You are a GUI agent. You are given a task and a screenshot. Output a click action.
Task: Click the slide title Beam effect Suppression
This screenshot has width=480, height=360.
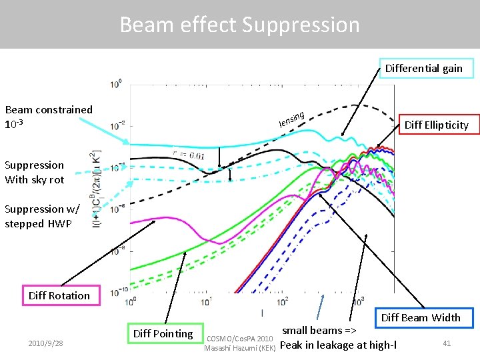(239, 25)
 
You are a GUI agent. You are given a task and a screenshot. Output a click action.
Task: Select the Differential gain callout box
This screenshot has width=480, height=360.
(423, 68)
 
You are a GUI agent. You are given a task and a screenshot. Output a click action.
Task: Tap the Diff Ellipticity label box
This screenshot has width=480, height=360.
(437, 125)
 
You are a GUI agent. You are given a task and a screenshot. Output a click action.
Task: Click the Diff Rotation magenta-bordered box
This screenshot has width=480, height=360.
(59, 295)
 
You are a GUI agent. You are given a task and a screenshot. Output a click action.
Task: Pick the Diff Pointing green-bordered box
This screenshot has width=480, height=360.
(163, 333)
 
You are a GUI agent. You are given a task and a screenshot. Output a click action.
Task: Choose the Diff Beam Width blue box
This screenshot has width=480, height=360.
(421, 317)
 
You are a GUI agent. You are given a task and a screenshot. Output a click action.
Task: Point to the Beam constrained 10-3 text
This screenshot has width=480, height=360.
(48, 117)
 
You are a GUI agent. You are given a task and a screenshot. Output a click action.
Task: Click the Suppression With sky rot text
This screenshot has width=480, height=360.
(35, 172)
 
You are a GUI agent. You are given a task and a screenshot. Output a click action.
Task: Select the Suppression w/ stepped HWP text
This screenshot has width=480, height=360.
(41, 216)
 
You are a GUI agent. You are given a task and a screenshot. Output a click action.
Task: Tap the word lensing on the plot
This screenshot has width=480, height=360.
(292, 119)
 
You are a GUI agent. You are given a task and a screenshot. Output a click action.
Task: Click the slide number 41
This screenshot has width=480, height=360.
(447, 343)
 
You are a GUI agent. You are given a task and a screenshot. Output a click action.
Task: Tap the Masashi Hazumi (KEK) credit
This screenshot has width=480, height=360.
(239, 347)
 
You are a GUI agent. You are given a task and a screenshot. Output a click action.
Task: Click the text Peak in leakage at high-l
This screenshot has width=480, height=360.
(338, 345)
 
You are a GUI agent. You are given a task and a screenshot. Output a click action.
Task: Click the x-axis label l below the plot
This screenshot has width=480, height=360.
(261, 313)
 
